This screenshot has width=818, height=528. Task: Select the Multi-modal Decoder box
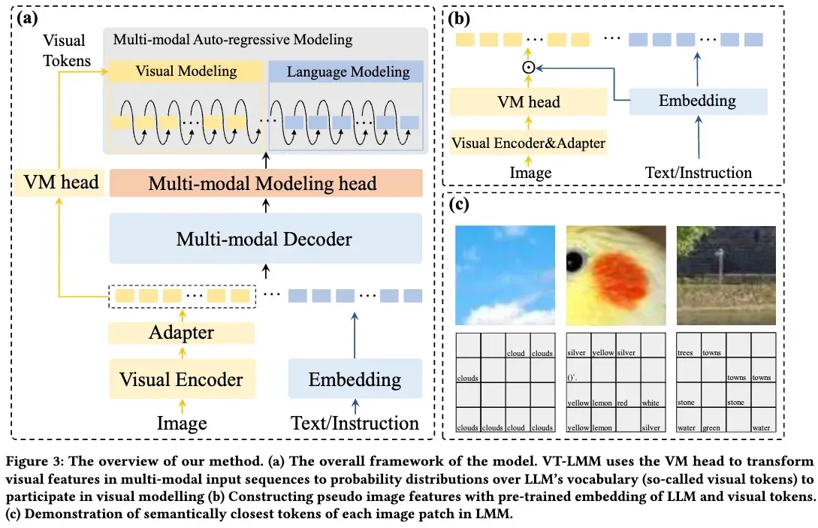click(264, 238)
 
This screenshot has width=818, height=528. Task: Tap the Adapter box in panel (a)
click(181, 333)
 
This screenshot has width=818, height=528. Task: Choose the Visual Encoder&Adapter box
click(529, 142)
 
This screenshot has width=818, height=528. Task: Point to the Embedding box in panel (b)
click(697, 100)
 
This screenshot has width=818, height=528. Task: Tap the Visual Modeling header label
click(186, 71)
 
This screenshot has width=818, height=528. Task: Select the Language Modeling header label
click(348, 72)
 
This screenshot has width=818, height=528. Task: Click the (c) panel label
click(458, 204)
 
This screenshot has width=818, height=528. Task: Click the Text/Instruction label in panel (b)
click(698, 173)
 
